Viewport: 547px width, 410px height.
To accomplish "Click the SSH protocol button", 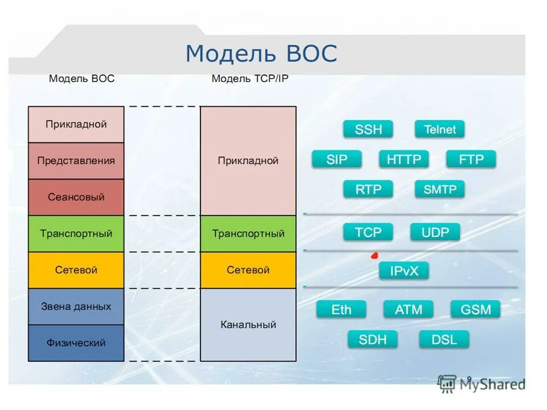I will click(x=368, y=129).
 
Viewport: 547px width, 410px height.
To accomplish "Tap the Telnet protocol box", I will click(x=440, y=129).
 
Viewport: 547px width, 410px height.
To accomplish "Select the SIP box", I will click(x=337, y=159).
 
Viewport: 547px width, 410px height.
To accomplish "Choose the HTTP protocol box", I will click(x=403, y=159).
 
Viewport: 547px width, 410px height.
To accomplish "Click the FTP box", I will click(x=471, y=159).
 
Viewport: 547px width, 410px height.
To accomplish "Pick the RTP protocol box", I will click(x=368, y=189).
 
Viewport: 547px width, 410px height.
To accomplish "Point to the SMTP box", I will click(x=440, y=189).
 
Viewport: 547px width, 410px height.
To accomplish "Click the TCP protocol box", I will click(x=368, y=232).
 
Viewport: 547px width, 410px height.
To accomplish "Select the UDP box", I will click(x=435, y=232).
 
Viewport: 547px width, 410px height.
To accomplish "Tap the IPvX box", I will click(x=404, y=271).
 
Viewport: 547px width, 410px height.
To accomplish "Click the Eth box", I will click(x=341, y=310).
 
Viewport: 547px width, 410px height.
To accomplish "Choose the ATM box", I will click(x=409, y=310).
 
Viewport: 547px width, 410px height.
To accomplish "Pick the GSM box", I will click(x=475, y=310).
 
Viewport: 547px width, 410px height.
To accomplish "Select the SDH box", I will click(x=373, y=340).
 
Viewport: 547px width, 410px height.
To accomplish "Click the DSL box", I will click(x=444, y=340).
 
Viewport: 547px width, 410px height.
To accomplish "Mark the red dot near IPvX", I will click(x=374, y=255).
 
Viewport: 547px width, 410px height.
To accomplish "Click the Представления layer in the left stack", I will click(x=76, y=161).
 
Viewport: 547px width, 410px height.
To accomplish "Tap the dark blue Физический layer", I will click(x=76, y=343).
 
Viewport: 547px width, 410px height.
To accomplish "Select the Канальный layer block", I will click(x=248, y=325).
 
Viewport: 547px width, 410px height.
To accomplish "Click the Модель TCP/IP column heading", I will click(x=250, y=79).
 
